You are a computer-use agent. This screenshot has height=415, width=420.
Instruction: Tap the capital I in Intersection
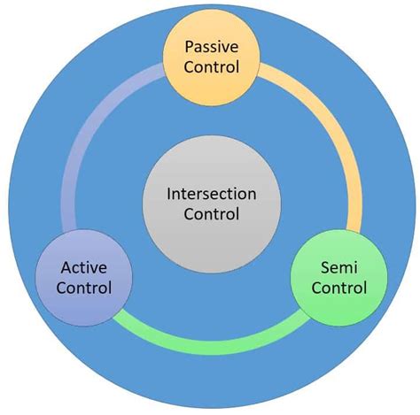click(170, 192)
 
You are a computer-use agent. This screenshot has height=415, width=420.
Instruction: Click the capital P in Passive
click(187, 45)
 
